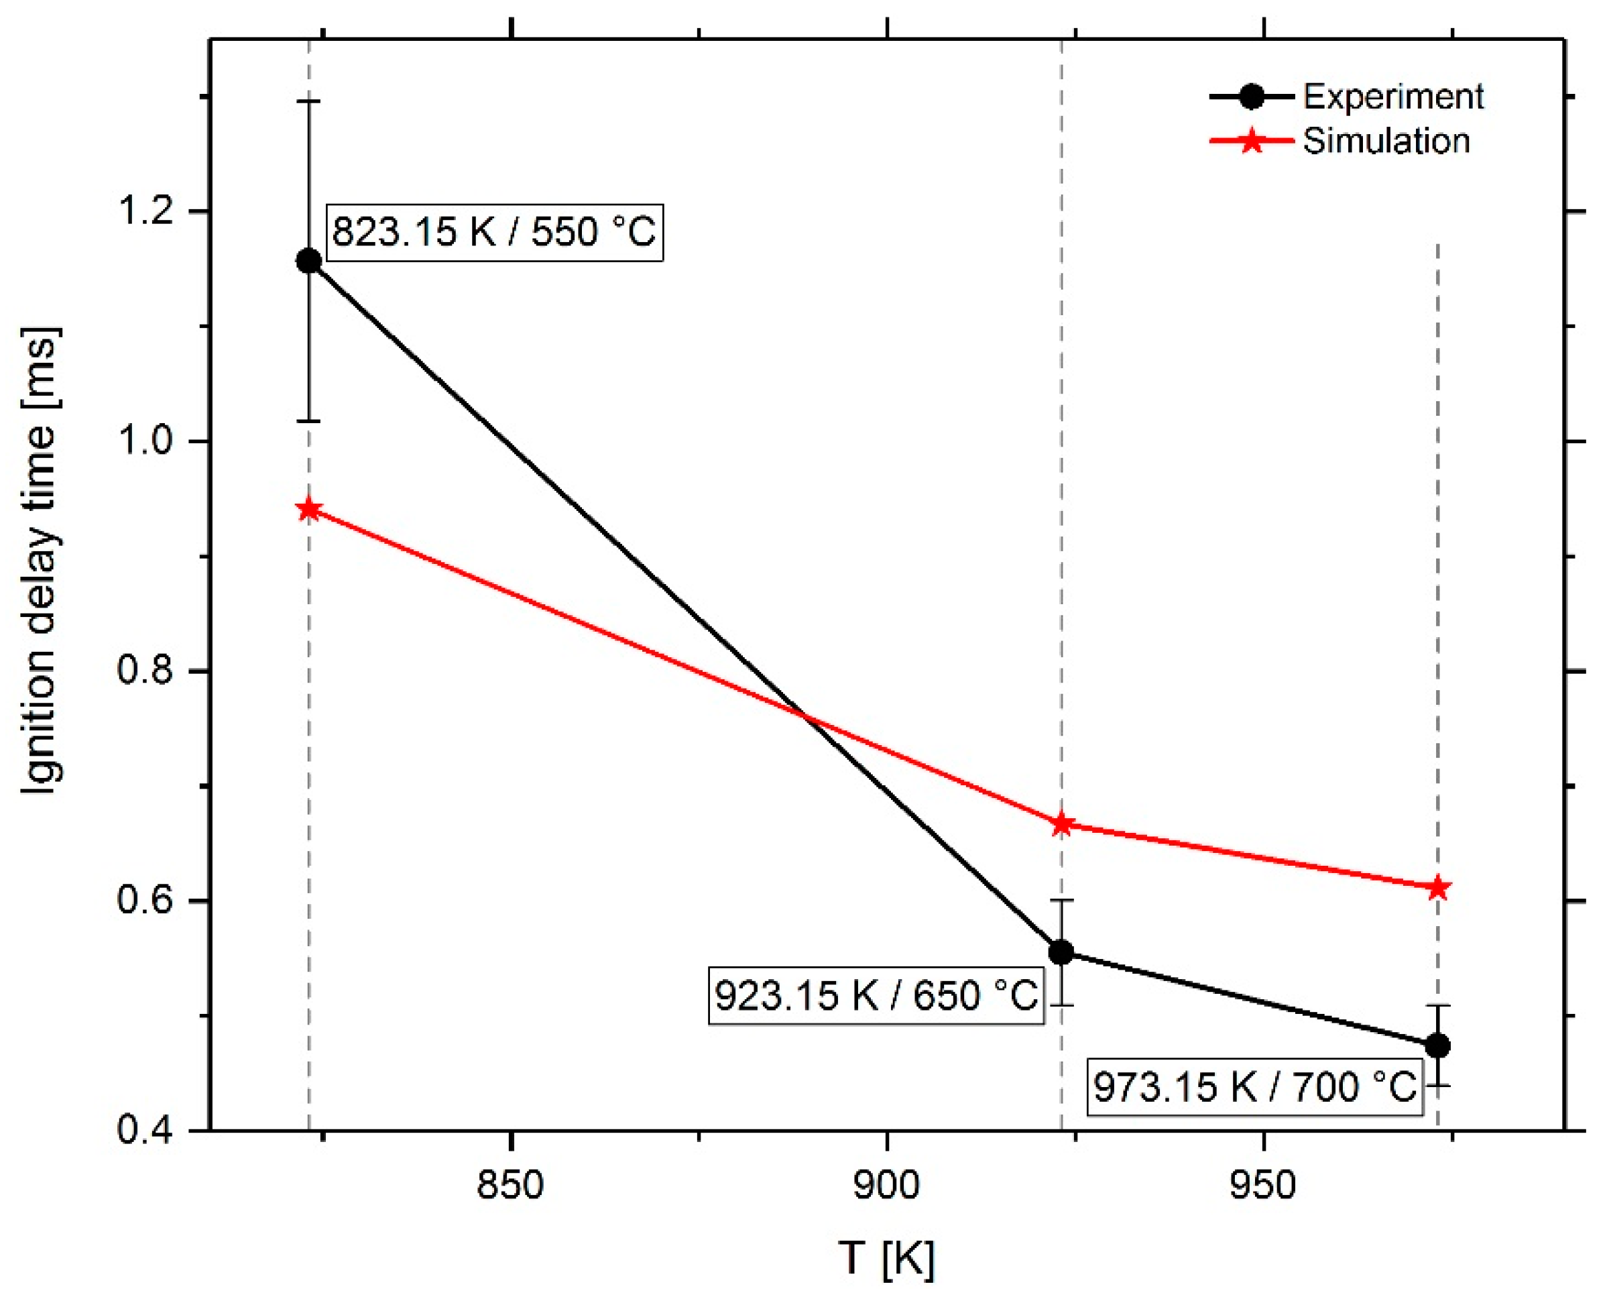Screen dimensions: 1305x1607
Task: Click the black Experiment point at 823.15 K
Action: tap(309, 261)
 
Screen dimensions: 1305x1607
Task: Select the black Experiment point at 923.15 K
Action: tap(1061, 952)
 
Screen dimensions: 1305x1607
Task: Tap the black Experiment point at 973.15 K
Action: tap(1438, 1045)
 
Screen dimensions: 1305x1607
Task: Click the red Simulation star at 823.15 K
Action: tap(309, 510)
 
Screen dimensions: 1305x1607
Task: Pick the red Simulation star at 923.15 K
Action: tap(1061, 824)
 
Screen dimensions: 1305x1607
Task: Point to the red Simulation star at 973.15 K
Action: tap(1438, 888)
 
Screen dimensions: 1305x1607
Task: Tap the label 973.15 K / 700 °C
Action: tap(1254, 1086)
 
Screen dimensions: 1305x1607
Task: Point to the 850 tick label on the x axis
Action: tap(510, 1186)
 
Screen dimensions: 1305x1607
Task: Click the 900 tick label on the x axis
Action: tap(887, 1186)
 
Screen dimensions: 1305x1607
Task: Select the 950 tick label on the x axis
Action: tap(1264, 1186)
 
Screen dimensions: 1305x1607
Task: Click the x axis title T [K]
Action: tap(887, 1257)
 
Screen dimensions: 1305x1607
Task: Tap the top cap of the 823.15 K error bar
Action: tap(309, 100)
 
